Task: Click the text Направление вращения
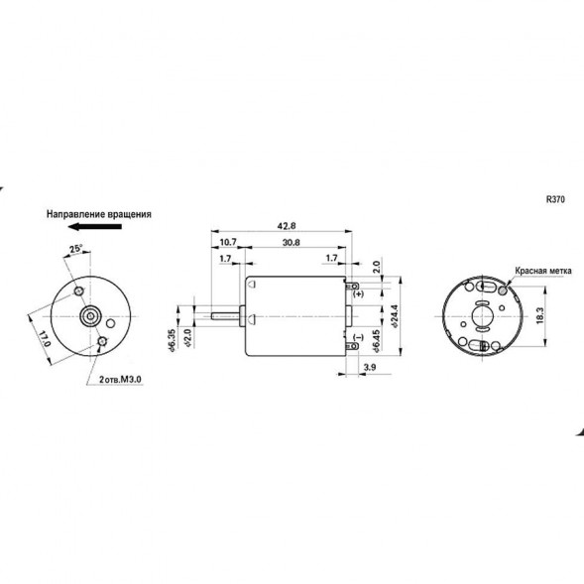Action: pos(98,213)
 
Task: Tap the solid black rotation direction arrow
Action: pos(100,228)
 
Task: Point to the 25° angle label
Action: pos(76,248)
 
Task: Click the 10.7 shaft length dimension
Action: pos(228,242)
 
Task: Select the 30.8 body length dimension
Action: pos(292,242)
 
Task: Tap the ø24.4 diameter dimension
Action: pos(394,317)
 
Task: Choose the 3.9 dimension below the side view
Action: pos(369,368)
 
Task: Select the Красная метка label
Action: pos(541,270)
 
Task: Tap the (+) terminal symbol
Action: pos(358,295)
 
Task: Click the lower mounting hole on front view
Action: pos(103,342)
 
